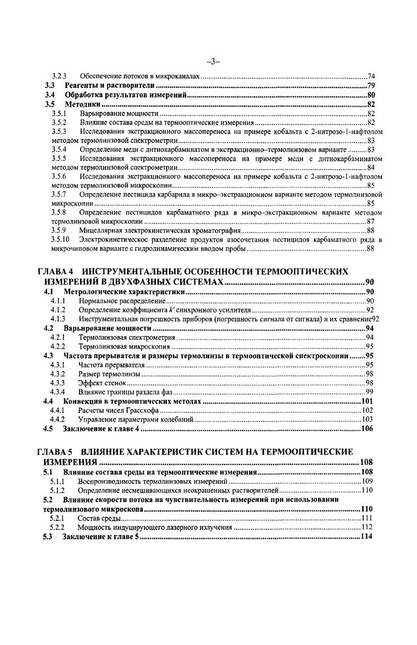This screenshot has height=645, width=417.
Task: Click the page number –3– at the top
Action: [212, 61]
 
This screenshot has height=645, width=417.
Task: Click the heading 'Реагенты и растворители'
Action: [109, 85]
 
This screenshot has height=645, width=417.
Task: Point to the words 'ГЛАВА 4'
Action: [55, 272]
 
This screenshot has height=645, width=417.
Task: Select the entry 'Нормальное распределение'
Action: [122, 301]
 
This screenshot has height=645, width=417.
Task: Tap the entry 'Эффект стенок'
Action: [102, 383]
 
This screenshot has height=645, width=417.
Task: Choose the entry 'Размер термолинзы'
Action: [109, 373]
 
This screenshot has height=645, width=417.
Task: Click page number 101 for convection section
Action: [368, 402]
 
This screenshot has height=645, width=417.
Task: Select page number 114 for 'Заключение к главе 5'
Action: [368, 537]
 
